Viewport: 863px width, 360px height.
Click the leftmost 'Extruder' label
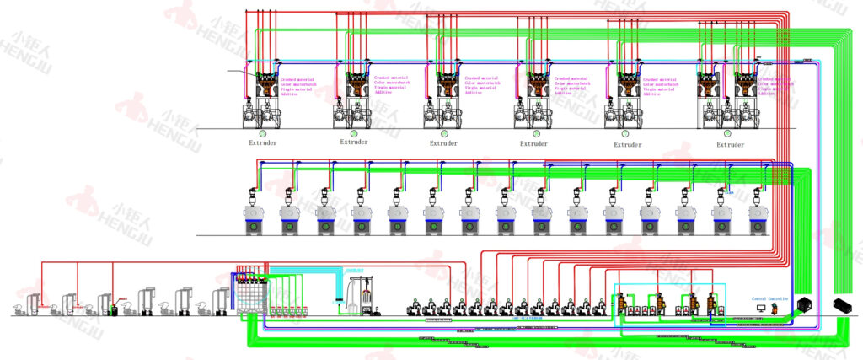click(x=262, y=142)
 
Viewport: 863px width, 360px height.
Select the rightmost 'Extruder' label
click(x=731, y=144)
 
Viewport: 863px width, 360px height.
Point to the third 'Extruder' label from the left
click(x=443, y=143)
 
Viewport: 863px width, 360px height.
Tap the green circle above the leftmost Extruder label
click(x=262, y=132)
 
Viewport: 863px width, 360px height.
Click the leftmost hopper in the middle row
click(x=253, y=215)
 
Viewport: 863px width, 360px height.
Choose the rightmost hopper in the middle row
click(x=758, y=215)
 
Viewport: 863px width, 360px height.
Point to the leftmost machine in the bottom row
click(x=21, y=305)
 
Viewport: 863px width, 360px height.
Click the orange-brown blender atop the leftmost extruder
click(x=268, y=82)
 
